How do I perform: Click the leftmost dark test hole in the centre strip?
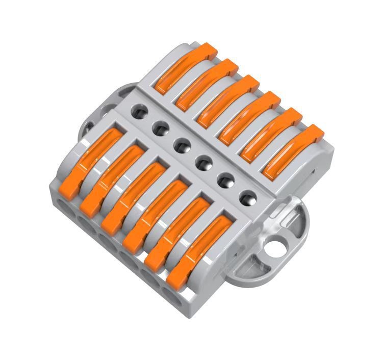tap(138, 109)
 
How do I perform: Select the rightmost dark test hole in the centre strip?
tap(247, 197)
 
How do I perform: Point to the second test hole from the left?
tap(160, 126)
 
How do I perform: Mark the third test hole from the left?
tap(182, 145)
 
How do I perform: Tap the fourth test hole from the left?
tap(203, 163)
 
